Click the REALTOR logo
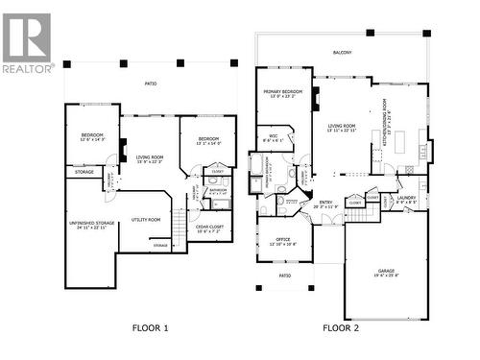coord(27,42)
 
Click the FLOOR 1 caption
coord(150,328)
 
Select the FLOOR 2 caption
coord(341,328)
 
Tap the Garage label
coord(386,273)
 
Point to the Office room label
coord(282,242)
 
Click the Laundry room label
coord(405,199)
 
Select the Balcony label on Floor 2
coord(342,53)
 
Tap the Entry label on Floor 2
coord(325,204)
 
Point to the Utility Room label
coord(146,220)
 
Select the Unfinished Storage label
coord(92,225)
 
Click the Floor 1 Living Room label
coord(149,158)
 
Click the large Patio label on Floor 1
coord(150,84)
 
